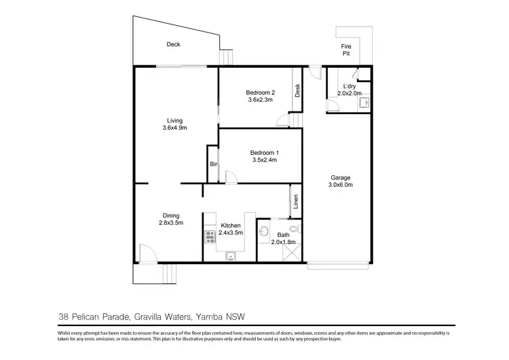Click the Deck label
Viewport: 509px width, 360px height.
click(x=174, y=45)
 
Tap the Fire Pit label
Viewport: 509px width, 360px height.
click(x=345, y=50)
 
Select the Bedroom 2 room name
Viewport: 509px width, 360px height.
click(x=260, y=92)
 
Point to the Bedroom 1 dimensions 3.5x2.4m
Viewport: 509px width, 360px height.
click(x=265, y=161)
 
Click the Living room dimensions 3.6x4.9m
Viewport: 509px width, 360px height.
click(x=175, y=128)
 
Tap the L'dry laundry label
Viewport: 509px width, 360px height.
click(x=350, y=86)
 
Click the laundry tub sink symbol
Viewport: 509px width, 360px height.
click(x=364, y=103)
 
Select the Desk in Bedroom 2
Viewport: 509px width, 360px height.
click(x=298, y=90)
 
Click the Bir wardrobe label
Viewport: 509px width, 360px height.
click(x=212, y=164)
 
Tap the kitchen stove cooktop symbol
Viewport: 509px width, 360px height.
click(x=210, y=237)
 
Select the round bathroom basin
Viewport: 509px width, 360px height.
click(x=264, y=230)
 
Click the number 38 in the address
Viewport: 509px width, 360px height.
click(x=63, y=316)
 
